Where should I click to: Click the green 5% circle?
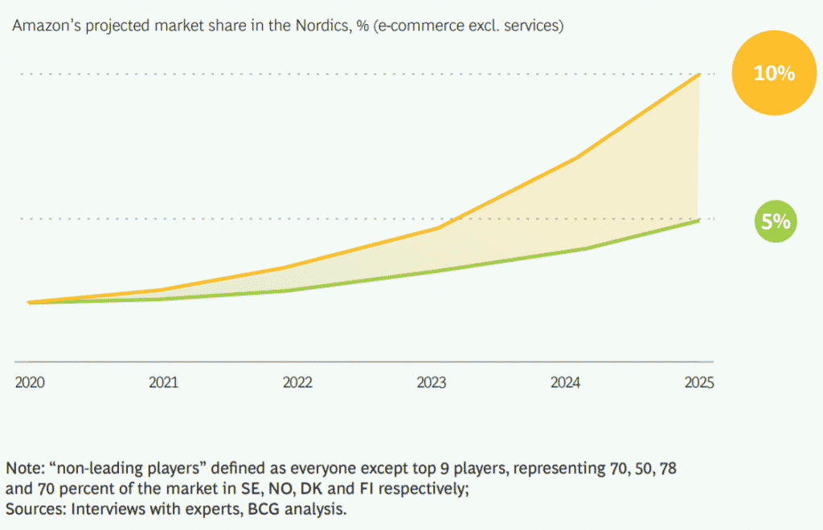pos(776,222)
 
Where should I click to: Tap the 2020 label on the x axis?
pos(30,382)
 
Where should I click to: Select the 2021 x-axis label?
pos(163,382)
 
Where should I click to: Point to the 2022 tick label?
pos(297,382)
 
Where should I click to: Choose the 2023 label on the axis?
pos(432,382)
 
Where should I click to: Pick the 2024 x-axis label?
pos(565,382)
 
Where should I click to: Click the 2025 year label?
pos(698,382)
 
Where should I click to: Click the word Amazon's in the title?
pos(41,26)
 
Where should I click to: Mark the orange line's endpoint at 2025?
pos(700,74)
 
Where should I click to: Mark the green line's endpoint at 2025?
pos(700,220)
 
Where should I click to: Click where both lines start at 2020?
pos(29,303)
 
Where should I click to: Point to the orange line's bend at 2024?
pos(577,157)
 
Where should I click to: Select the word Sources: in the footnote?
pos(35,508)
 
